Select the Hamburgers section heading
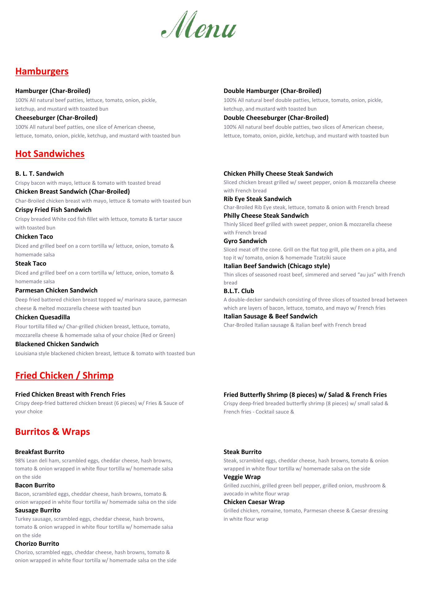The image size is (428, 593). tap(42, 71)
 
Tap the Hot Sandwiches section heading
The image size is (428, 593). tap(50, 154)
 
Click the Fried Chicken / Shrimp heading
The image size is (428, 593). tap(64, 375)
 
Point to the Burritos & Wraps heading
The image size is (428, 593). tap(52, 431)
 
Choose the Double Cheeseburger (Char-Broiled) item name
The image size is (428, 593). tap(276, 118)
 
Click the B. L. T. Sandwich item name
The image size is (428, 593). tap(39, 174)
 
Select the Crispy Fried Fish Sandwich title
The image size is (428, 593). tap(53, 210)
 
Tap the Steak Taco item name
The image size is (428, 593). tap(31, 263)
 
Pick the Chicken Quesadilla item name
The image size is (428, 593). tap(43, 317)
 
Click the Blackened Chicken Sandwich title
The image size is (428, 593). tap(57, 344)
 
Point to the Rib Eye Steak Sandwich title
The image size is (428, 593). tap(257, 199)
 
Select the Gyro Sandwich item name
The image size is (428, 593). tap(245, 241)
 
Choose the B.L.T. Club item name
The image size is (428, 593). tap(239, 291)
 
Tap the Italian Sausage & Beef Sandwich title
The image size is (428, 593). tap(270, 316)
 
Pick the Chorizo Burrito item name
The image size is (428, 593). tap(37, 544)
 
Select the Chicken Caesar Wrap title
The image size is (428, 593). tap(254, 502)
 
